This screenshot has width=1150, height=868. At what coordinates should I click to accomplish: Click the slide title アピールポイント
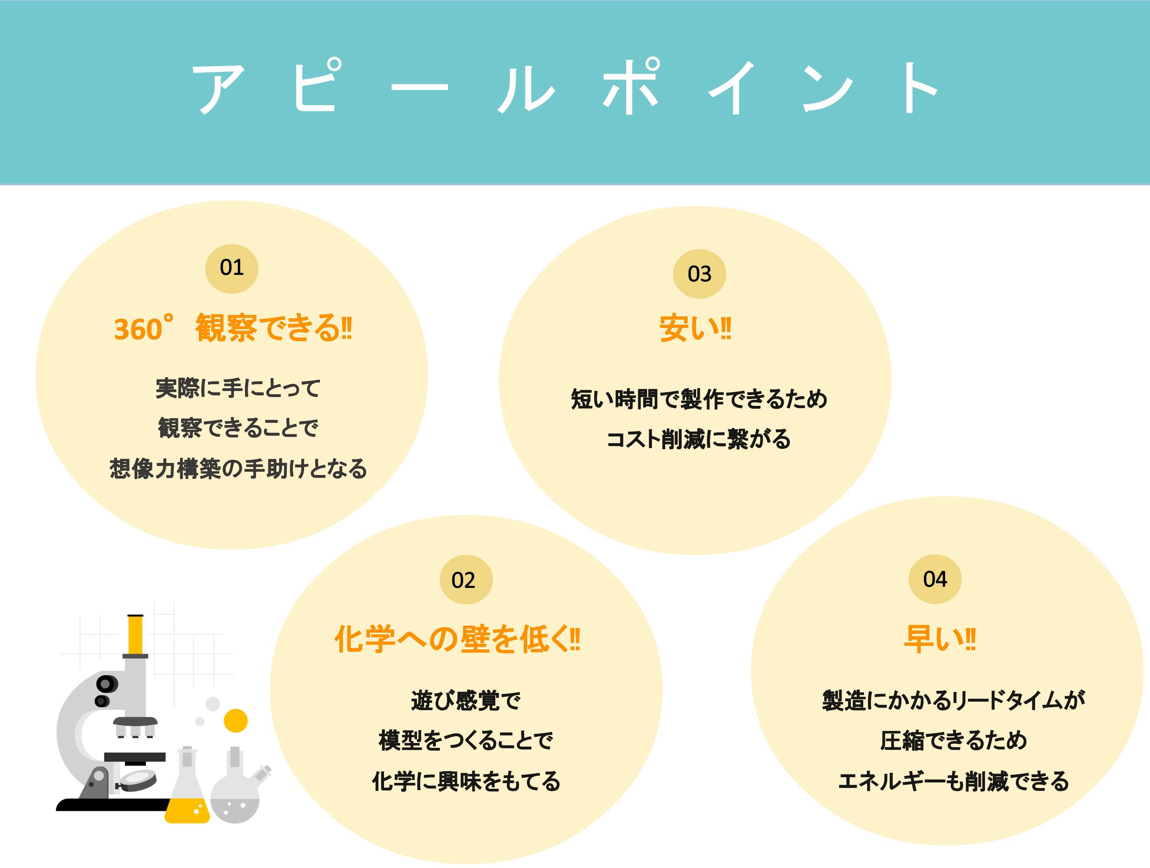tap(566, 87)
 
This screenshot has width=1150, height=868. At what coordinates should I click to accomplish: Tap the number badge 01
tap(232, 268)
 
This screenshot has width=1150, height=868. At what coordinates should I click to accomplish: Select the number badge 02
tap(466, 579)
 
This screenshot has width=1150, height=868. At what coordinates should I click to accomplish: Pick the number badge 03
tap(699, 274)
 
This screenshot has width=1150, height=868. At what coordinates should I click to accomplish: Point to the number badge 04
tap(935, 579)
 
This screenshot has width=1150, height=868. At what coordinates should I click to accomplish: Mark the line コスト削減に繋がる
tap(698, 439)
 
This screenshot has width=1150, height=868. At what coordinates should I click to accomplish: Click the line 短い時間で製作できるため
tap(699, 399)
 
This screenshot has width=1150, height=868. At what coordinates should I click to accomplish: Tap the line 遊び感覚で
tap(466, 700)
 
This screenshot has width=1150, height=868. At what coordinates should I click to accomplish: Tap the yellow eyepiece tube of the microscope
tap(135, 634)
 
